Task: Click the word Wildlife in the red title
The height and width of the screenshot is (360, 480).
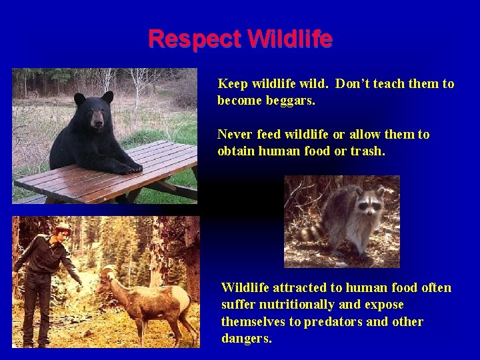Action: [289, 39]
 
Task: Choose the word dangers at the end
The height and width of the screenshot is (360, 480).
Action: [246, 338]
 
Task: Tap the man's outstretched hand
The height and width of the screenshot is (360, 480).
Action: [79, 280]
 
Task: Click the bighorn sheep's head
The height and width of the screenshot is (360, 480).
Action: [109, 274]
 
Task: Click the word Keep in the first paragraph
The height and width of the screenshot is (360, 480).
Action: [233, 84]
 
